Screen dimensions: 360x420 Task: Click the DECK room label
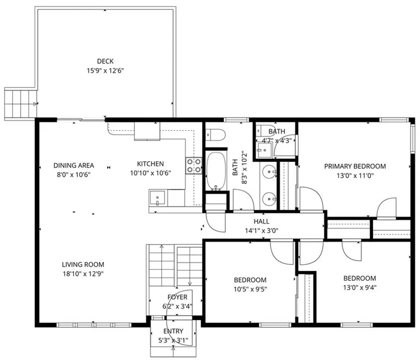(105, 62)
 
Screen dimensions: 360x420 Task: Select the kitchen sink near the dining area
(158, 198)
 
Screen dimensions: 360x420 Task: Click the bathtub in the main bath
(215, 171)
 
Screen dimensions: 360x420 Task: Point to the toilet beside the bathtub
(215, 134)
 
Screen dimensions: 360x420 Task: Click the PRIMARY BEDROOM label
(355, 166)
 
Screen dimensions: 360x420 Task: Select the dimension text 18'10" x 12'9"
(83, 274)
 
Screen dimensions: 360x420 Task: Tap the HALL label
(261, 221)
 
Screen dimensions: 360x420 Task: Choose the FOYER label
(177, 297)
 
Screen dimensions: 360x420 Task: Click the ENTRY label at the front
(173, 331)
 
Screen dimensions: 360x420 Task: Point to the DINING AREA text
(74, 165)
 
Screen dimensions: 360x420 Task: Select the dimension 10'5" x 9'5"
(250, 289)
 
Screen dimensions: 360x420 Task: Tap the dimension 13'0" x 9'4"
(359, 287)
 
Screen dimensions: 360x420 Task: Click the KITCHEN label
(150, 164)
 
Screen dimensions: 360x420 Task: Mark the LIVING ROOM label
(83, 264)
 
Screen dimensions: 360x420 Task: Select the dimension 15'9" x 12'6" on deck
(105, 71)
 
